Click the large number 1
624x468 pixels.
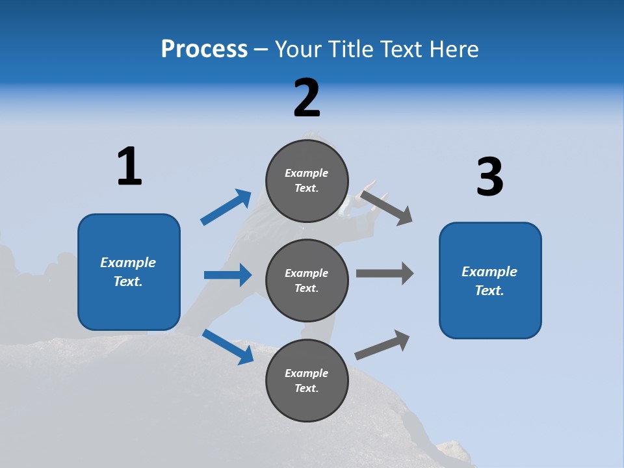129,166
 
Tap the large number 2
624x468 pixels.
307,98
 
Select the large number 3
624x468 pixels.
489,177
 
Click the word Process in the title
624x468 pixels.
204,49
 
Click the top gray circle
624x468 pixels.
307,181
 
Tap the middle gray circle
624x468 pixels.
307,280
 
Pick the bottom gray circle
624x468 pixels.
307,380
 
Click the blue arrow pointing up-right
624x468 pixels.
226,207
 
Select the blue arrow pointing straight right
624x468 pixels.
227,275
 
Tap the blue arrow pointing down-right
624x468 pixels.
227,346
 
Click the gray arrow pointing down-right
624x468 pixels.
387,207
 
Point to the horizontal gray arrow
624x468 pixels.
385,273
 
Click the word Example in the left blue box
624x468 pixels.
128,263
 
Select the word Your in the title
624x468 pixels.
296,49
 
